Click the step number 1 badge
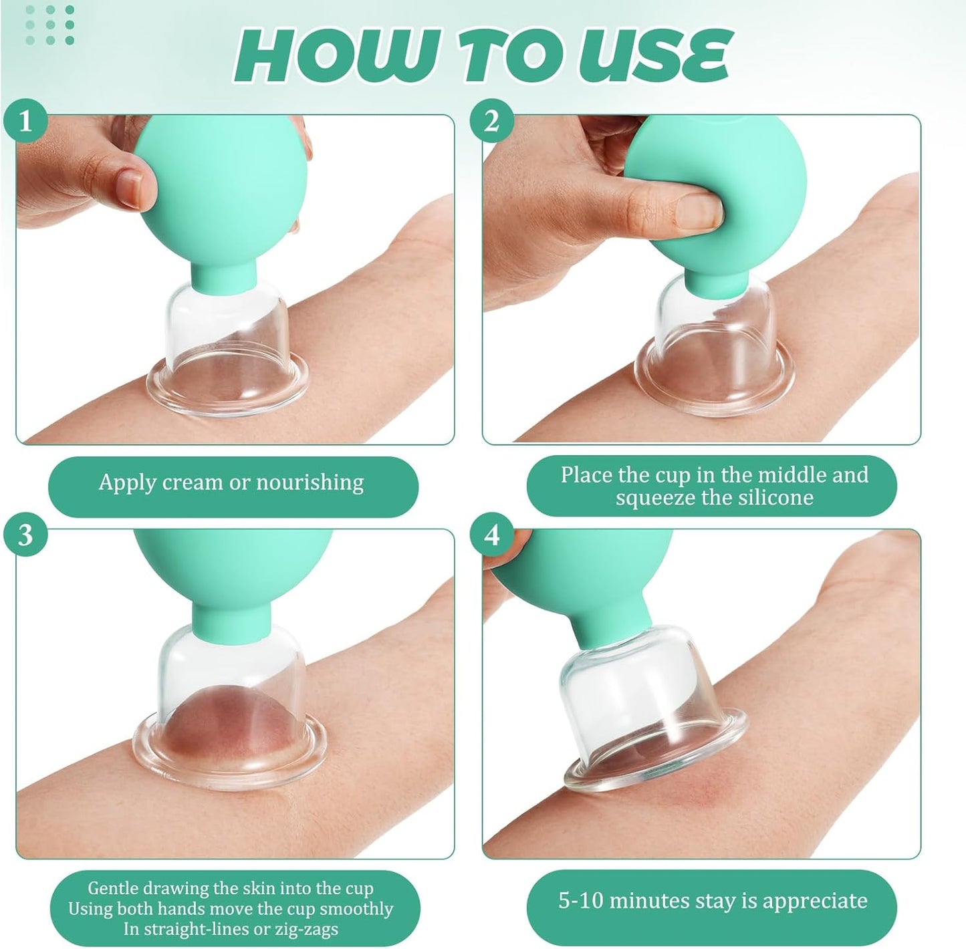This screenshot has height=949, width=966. (25, 122)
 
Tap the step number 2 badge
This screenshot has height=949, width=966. (491, 122)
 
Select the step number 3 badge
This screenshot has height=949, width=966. (25, 535)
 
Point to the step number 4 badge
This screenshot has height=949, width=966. (491, 535)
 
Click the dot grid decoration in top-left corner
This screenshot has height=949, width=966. (49, 25)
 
